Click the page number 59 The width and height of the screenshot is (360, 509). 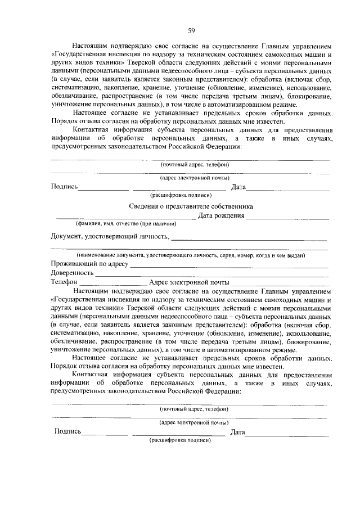191,30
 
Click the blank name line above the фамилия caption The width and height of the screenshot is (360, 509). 124,218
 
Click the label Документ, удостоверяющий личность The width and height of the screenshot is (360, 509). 109,236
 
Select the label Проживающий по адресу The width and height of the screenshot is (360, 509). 89,264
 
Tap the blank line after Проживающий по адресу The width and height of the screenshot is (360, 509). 228,266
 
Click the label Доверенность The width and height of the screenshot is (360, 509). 72,273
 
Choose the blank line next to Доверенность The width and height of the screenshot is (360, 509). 211,275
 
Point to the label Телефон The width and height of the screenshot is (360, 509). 64,282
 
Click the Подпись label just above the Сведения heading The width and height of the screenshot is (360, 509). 64,187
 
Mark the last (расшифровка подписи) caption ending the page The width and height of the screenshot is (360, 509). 179,440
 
